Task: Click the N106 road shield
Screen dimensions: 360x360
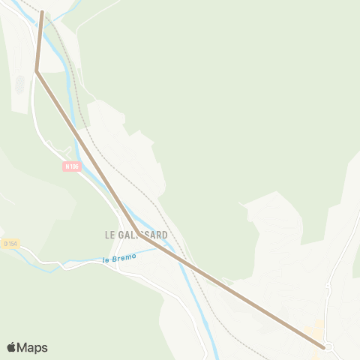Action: click(72, 166)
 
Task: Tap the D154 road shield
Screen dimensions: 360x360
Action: click(10, 243)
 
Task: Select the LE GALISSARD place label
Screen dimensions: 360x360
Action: click(136, 235)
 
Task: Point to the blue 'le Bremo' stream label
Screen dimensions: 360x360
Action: click(120, 259)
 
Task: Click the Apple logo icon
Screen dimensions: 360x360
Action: click(12, 347)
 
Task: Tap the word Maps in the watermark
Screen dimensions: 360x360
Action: click(32, 347)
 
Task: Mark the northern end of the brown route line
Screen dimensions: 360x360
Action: click(42, 12)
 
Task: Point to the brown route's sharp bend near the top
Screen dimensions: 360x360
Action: click(36, 70)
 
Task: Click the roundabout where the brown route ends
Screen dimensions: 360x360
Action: click(327, 347)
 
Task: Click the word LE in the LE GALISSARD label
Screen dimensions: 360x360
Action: click(109, 235)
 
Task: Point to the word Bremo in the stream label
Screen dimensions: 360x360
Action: click(126, 258)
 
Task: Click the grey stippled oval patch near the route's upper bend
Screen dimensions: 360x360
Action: click(19, 84)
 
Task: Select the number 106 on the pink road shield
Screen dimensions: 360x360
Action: click(74, 166)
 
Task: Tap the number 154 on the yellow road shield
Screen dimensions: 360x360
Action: click(13, 243)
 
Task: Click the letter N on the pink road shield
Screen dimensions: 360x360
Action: click(67, 166)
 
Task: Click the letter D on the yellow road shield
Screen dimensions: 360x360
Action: click(5, 243)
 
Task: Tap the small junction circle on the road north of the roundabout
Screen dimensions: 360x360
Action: click(328, 287)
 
